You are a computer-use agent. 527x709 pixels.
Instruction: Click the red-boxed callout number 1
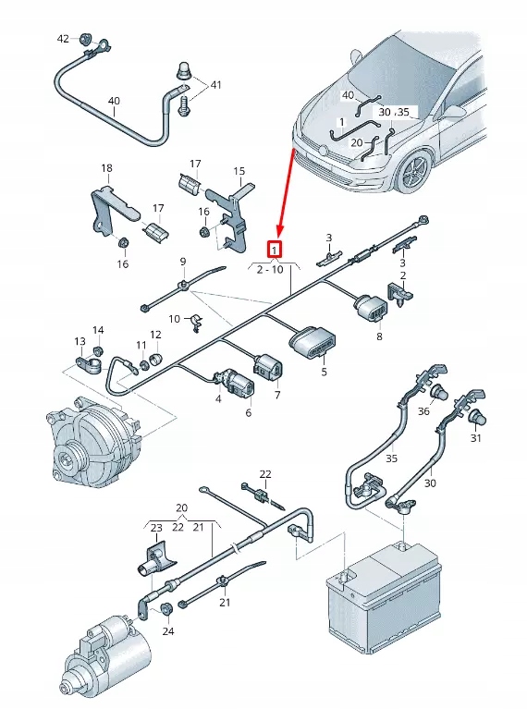click(275, 248)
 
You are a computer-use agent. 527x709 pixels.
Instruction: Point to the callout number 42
click(63, 39)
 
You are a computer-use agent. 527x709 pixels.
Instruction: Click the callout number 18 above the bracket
click(106, 168)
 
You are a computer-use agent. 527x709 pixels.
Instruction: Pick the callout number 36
click(423, 410)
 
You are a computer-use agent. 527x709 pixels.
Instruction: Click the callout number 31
click(476, 438)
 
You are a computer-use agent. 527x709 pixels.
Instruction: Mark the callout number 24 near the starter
click(167, 632)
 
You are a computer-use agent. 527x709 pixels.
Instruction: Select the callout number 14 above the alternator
click(98, 330)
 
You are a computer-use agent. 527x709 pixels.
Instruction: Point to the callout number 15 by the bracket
click(239, 171)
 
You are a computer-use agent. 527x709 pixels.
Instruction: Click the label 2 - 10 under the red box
click(270, 269)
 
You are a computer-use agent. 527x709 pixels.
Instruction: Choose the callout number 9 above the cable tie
click(183, 262)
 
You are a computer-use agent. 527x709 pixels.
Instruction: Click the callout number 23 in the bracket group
click(155, 528)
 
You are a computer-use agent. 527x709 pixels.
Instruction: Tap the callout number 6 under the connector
click(248, 411)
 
